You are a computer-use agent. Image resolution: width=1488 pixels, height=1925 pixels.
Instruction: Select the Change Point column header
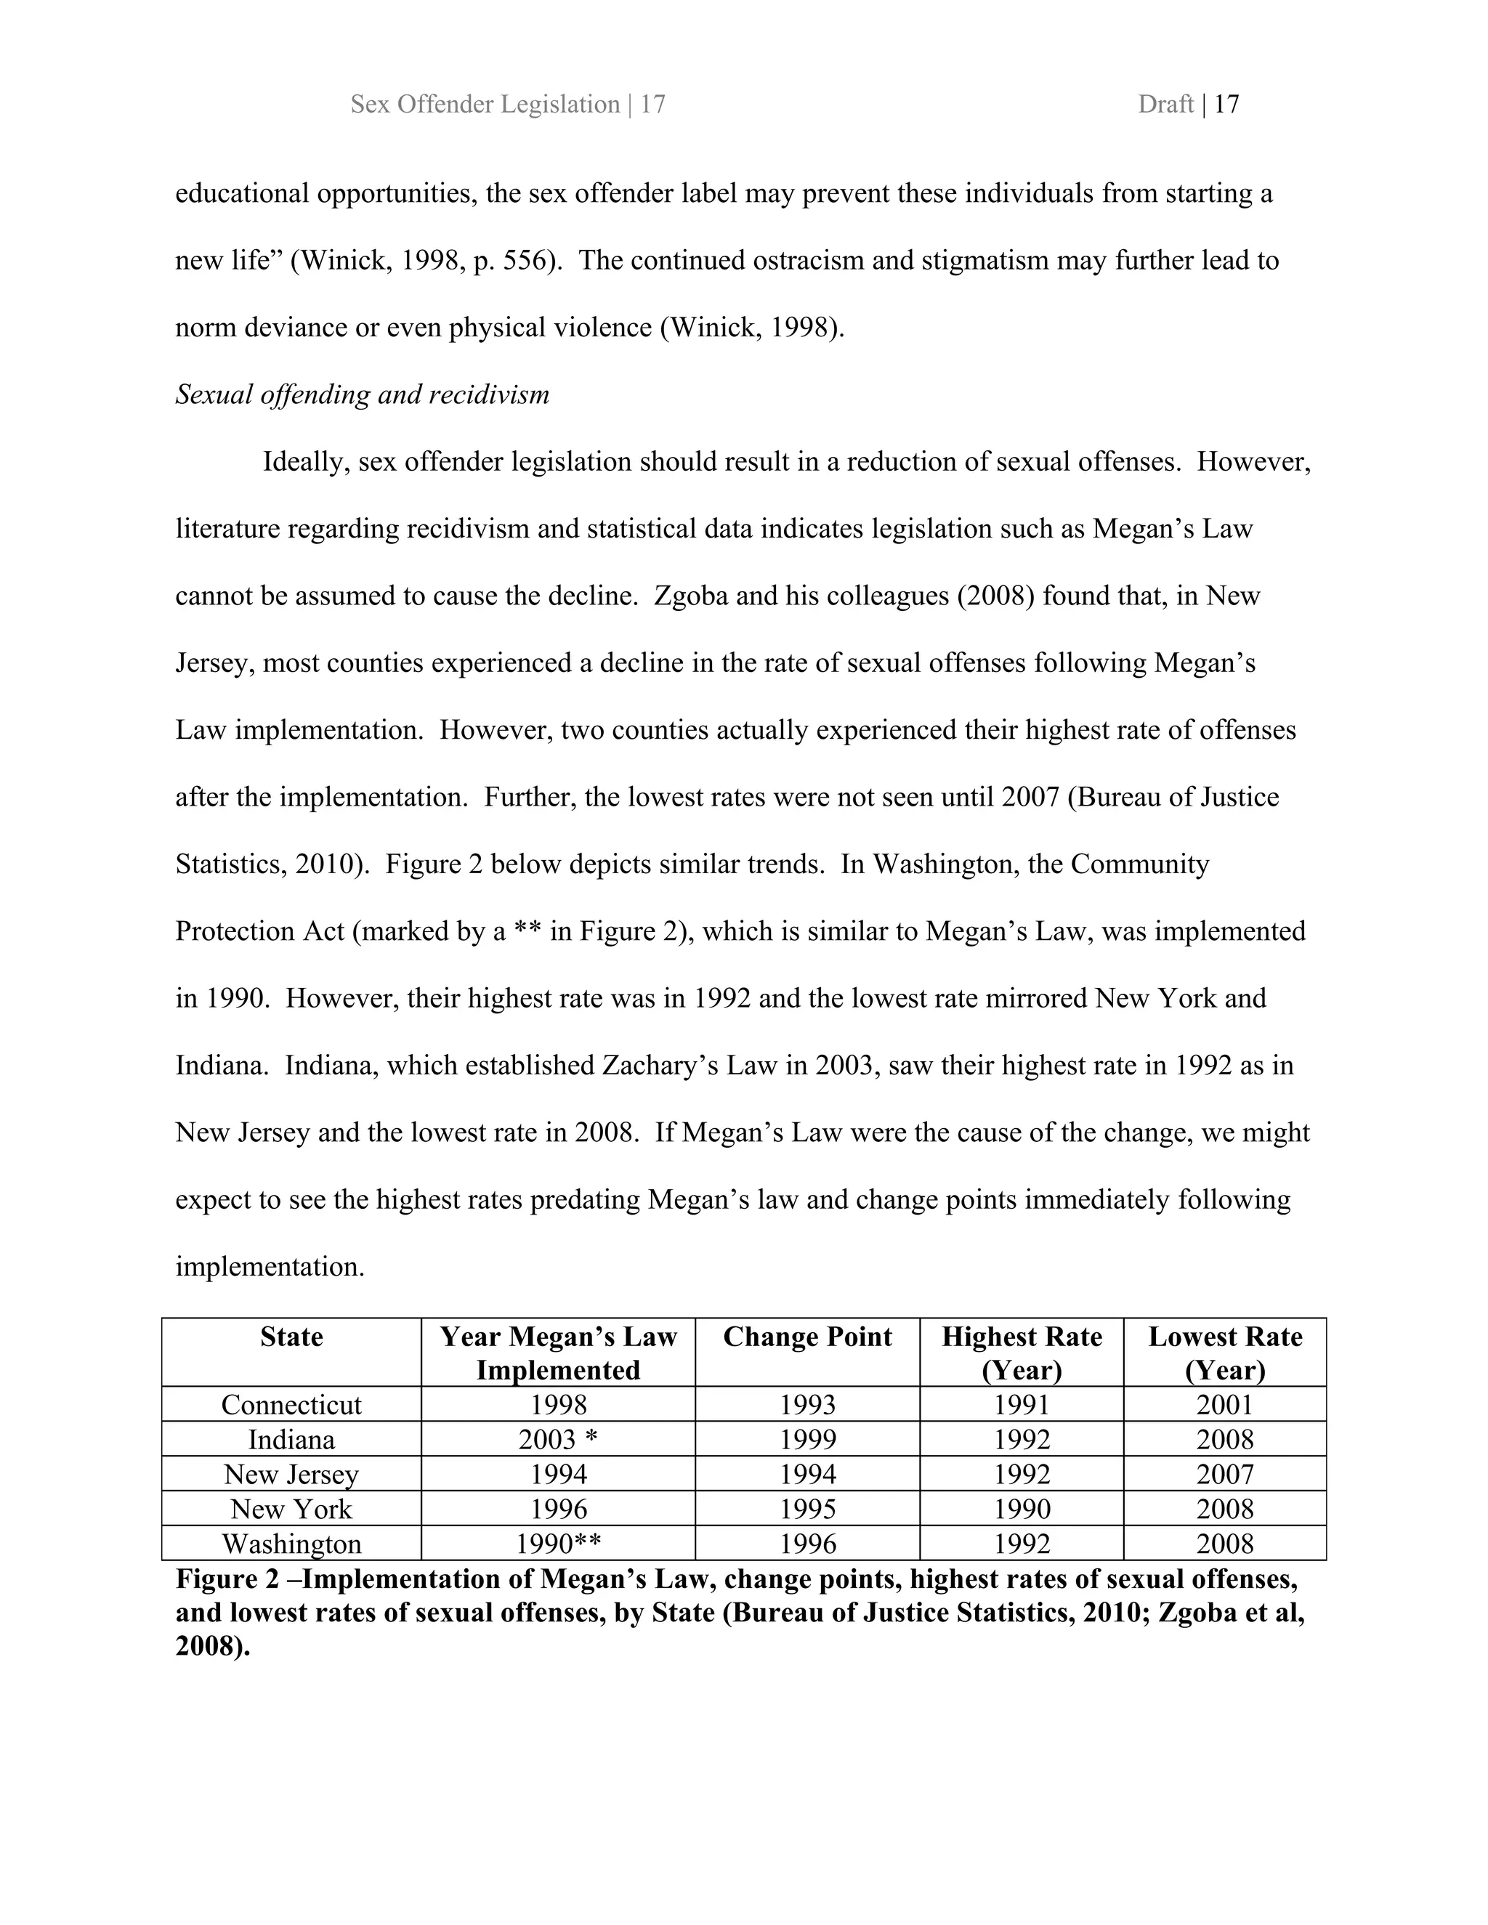[x=806, y=1337]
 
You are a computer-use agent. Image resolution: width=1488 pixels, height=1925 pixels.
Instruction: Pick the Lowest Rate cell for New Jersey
[x=1224, y=1474]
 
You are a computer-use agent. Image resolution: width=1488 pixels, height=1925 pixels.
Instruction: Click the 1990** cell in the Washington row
[x=558, y=1544]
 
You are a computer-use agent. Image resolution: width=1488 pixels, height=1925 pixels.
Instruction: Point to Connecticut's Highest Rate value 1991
[x=1022, y=1404]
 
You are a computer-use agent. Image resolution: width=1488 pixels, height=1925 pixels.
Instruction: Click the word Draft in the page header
[x=1165, y=104]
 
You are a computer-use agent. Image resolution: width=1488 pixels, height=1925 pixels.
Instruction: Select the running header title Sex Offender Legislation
[x=485, y=104]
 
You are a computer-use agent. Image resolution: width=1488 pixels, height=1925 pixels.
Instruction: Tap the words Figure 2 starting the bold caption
[x=232, y=1578]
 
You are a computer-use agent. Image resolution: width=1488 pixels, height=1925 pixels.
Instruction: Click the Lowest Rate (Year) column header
[x=1224, y=1353]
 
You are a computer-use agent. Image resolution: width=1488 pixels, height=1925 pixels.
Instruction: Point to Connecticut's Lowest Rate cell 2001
[x=1224, y=1404]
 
